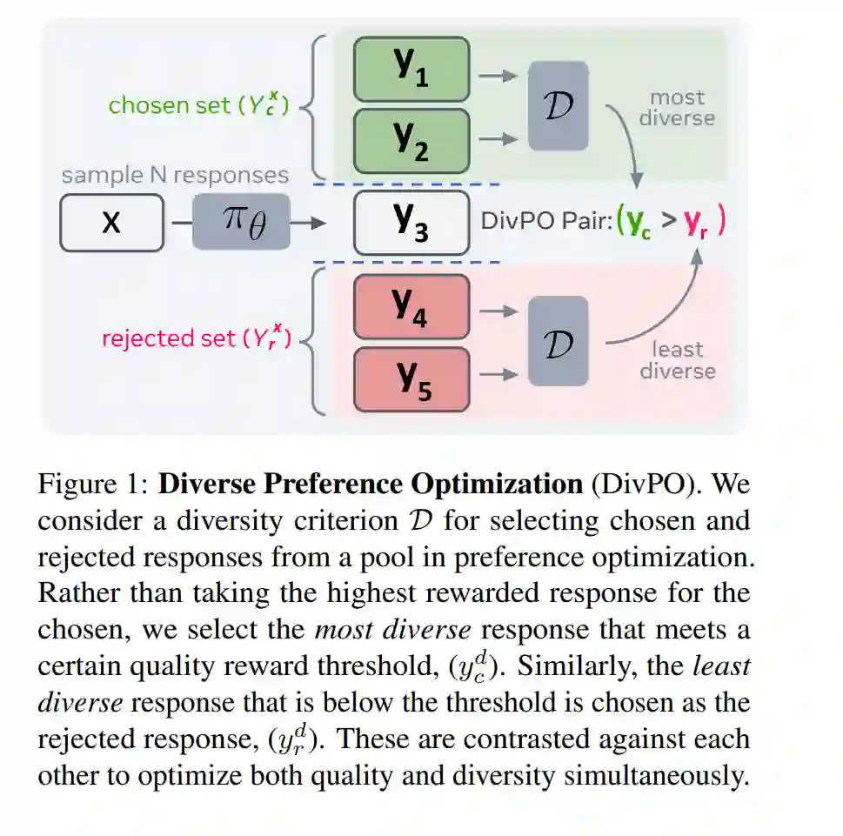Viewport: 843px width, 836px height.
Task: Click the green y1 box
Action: (411, 70)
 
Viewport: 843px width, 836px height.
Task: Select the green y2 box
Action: (411, 140)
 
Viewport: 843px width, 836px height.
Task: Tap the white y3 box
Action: (411, 223)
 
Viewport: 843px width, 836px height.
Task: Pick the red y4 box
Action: (411, 306)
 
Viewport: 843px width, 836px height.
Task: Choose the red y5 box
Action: (411, 378)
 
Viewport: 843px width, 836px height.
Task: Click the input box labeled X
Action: (111, 223)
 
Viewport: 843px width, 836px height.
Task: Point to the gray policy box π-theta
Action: (241, 223)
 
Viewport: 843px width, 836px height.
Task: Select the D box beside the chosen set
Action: (558, 106)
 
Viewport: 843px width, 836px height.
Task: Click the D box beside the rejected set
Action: (558, 342)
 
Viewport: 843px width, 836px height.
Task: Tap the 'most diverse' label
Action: (677, 108)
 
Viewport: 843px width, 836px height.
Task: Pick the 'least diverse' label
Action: (677, 360)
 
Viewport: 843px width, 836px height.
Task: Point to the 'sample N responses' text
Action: (174, 175)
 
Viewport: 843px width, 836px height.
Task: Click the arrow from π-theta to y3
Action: (309, 224)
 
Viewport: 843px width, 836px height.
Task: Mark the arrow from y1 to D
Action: (498, 76)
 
